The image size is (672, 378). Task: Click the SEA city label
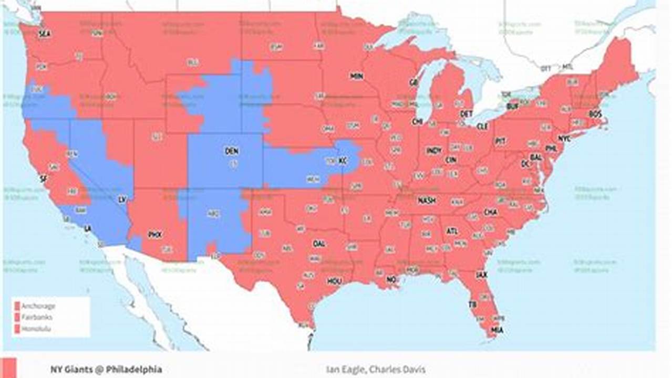[x=45, y=34]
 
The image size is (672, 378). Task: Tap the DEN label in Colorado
[x=232, y=151]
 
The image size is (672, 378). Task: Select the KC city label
[x=343, y=160]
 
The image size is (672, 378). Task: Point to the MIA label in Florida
[x=497, y=330]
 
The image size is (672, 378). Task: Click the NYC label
[x=564, y=139]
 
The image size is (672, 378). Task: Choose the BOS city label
[x=595, y=113]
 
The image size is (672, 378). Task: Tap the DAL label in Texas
[x=319, y=244]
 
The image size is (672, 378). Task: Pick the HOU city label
[x=334, y=281]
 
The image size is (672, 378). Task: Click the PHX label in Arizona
[x=155, y=234]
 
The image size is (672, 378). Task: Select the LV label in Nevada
[x=122, y=200]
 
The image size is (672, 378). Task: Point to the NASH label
[x=426, y=201]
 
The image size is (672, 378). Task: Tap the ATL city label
[x=452, y=231]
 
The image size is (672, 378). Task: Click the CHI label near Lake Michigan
[x=418, y=121]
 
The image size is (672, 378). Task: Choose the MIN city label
[x=357, y=76]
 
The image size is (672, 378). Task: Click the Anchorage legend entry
[x=38, y=306]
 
